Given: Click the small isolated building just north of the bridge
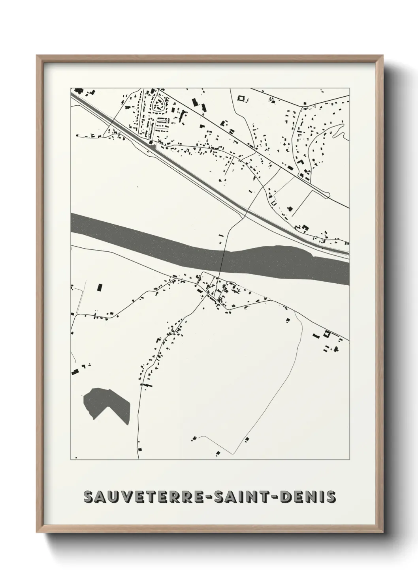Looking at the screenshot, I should click(221, 236).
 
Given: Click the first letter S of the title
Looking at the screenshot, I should click(88, 497).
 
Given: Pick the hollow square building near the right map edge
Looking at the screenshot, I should click(327, 333).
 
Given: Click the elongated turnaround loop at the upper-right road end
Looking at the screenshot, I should click(326, 194).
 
